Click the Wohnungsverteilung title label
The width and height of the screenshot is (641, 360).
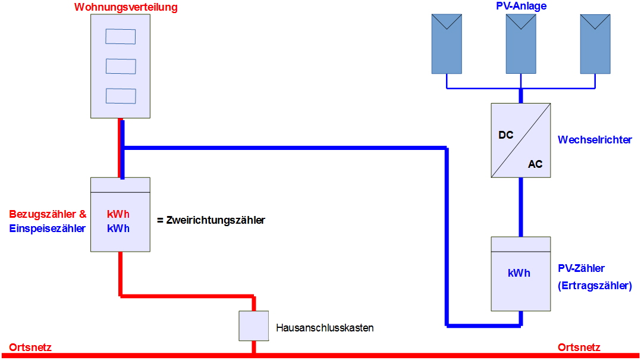click(x=126, y=7)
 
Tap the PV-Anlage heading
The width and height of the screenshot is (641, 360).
click(x=521, y=6)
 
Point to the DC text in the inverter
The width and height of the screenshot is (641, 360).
click(x=505, y=135)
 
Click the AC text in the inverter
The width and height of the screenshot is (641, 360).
click(x=535, y=164)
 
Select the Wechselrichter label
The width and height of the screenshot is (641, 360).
click(x=595, y=140)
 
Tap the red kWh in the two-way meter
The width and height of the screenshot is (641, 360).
click(x=118, y=214)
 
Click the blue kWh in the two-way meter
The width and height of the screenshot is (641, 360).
click(x=118, y=228)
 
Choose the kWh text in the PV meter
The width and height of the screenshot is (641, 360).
click(x=519, y=273)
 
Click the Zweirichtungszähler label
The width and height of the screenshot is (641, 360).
click(x=211, y=220)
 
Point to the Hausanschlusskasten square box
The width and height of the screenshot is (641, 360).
click(x=254, y=325)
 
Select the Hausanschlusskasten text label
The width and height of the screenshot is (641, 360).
click(x=325, y=328)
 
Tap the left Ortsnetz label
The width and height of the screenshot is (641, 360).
click(x=30, y=348)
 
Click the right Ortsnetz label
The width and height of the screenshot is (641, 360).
click(x=579, y=348)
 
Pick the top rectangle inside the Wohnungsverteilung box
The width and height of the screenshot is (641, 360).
click(x=121, y=36)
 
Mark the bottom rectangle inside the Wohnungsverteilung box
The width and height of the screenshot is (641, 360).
click(x=121, y=96)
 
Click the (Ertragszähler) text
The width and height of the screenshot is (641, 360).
click(x=595, y=286)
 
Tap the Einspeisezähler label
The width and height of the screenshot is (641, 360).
click(x=47, y=228)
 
